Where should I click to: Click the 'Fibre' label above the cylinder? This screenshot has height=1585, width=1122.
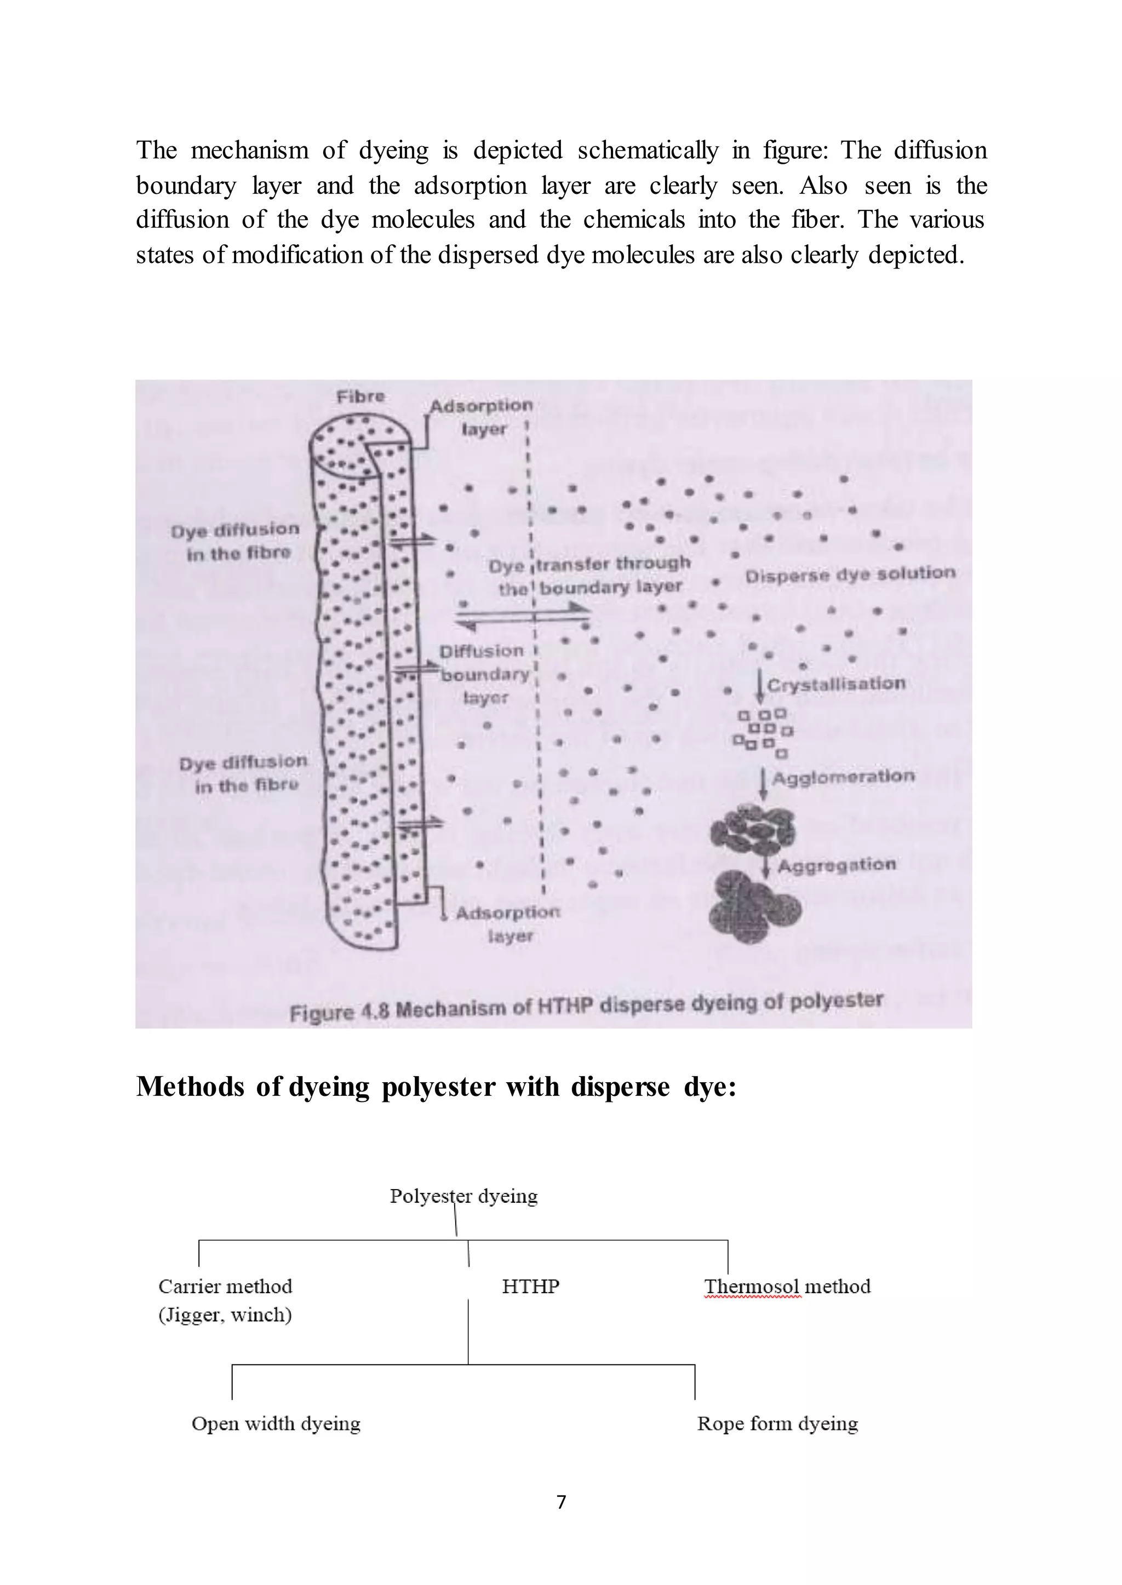[x=360, y=397]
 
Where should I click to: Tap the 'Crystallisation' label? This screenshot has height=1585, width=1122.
[x=836, y=685]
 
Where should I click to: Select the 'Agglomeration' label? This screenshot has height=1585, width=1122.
[x=843, y=778]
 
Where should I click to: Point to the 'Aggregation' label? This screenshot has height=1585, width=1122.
[x=837, y=865]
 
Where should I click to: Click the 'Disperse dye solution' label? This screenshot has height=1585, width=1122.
[x=850, y=574]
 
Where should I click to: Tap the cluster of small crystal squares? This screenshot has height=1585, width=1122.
[x=763, y=733]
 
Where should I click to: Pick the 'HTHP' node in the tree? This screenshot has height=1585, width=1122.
[x=530, y=1286]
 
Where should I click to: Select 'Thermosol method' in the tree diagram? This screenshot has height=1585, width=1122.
[x=787, y=1286]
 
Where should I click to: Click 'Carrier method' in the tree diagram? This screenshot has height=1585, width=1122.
[x=225, y=1286]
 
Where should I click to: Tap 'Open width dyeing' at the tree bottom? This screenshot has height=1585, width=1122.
[x=276, y=1423]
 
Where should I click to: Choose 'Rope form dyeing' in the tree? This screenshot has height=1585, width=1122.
[x=777, y=1423]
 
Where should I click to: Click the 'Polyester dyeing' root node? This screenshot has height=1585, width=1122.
[x=463, y=1196]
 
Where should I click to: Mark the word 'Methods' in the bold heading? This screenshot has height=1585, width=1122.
[x=190, y=1087]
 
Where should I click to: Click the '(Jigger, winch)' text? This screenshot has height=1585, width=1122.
[x=225, y=1314]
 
